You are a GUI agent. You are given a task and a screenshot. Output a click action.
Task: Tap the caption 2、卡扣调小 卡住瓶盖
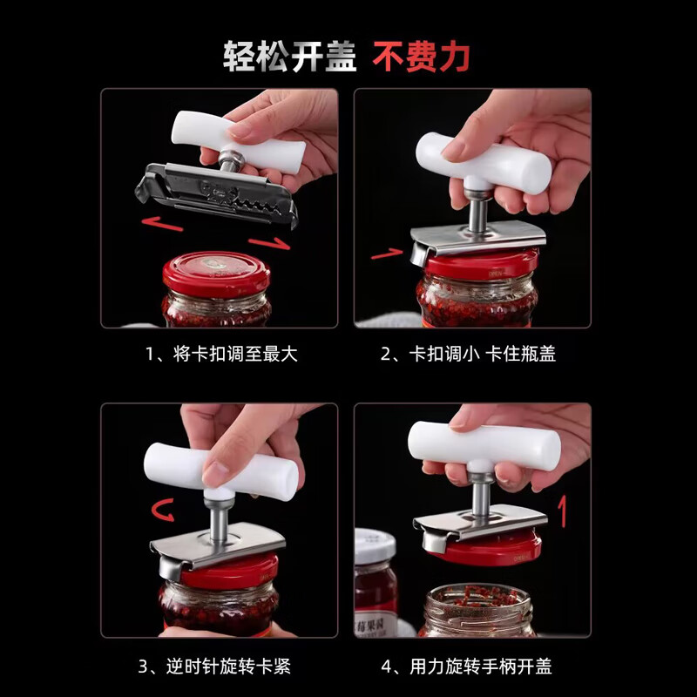click(471, 355)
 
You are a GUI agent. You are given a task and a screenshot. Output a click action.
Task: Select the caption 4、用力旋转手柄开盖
click(471, 667)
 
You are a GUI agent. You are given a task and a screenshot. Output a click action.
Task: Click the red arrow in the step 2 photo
click(387, 254)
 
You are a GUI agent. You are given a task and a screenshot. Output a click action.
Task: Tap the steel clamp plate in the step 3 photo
click(218, 545)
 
